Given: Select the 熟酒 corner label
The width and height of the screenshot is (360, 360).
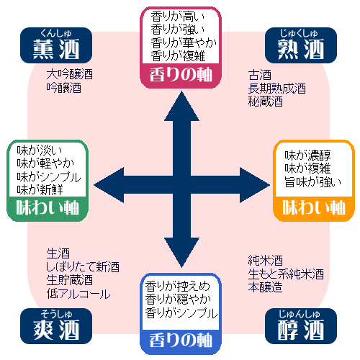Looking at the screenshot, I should click(x=301, y=47).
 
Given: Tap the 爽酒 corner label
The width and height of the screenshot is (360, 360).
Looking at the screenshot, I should click(x=58, y=329).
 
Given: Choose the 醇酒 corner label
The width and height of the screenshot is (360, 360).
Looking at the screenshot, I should click(x=301, y=329).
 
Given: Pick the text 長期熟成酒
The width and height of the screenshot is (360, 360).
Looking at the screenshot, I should click(x=277, y=89).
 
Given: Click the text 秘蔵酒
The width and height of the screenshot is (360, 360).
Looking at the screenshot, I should click(x=266, y=102).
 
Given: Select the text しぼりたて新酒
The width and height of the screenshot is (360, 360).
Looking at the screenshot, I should click(x=82, y=266).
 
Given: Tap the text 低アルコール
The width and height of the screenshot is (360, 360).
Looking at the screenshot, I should click(x=78, y=294).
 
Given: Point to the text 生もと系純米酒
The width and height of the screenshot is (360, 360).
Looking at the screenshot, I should click(x=285, y=274).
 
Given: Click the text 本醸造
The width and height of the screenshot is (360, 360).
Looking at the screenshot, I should click(x=265, y=287).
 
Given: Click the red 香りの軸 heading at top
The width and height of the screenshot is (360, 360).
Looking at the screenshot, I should click(x=180, y=74).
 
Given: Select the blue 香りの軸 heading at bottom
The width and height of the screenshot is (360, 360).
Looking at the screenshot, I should click(x=180, y=337).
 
